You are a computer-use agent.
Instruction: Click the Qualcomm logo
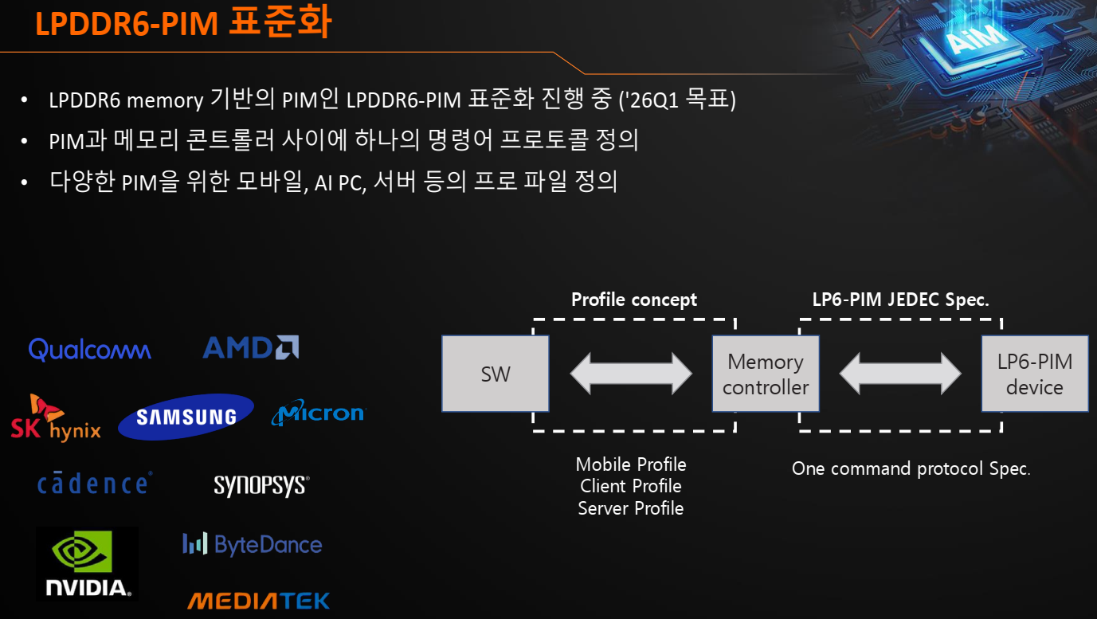pyautogui.click(x=89, y=349)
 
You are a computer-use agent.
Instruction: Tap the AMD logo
pyautogui.click(x=251, y=347)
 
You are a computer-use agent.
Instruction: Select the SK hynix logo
pyautogui.click(x=55, y=419)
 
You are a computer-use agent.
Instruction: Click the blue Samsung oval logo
pyautogui.click(x=186, y=417)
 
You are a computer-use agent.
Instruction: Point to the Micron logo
pyautogui.click(x=318, y=413)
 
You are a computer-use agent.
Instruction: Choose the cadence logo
pyautogui.click(x=94, y=484)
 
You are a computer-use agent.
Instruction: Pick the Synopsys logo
pyautogui.click(x=261, y=485)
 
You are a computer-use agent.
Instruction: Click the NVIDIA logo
pyautogui.click(x=87, y=563)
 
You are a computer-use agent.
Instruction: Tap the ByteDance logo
pyautogui.click(x=253, y=545)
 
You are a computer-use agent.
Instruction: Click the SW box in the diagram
pyautogui.click(x=496, y=374)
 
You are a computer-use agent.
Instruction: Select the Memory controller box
pyautogui.click(x=766, y=374)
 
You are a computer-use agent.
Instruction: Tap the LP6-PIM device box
pyautogui.click(x=1034, y=374)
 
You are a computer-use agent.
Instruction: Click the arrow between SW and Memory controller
pyautogui.click(x=631, y=374)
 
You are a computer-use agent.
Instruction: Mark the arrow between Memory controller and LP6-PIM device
pyautogui.click(x=900, y=374)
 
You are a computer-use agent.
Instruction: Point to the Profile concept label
pyautogui.click(x=634, y=300)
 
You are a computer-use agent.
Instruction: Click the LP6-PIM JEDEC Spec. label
pyautogui.click(x=900, y=300)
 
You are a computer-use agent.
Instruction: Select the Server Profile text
pyautogui.click(x=631, y=508)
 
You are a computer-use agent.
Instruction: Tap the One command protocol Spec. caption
pyautogui.click(x=911, y=468)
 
